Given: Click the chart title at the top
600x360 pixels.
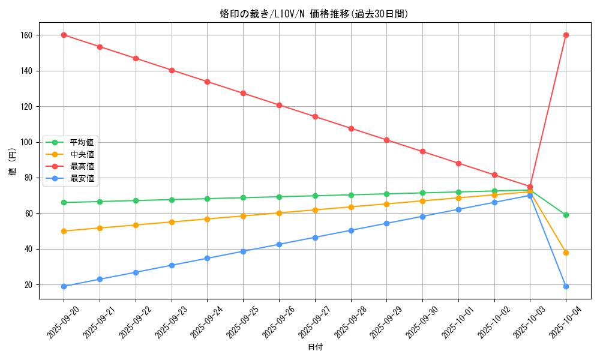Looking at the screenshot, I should click(x=314, y=14).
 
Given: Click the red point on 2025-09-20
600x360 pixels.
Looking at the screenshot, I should click(x=64, y=35).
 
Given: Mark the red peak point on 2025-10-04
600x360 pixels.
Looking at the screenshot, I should click(x=566, y=35).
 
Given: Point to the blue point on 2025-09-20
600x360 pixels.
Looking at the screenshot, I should click(x=64, y=286).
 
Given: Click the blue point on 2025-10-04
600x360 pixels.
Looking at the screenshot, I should click(x=566, y=286).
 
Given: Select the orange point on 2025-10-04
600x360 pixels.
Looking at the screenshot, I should click(x=566, y=253).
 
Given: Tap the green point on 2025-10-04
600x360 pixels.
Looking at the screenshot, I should click(x=566, y=215).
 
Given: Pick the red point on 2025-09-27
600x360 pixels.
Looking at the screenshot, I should click(x=315, y=116).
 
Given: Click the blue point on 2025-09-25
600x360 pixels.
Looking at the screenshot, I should click(x=243, y=251).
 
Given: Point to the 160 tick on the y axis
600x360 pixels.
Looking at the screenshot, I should click(x=27, y=35).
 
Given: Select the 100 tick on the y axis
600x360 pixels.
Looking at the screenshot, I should click(x=27, y=142).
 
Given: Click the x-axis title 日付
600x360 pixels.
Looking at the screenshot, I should click(x=314, y=347).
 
